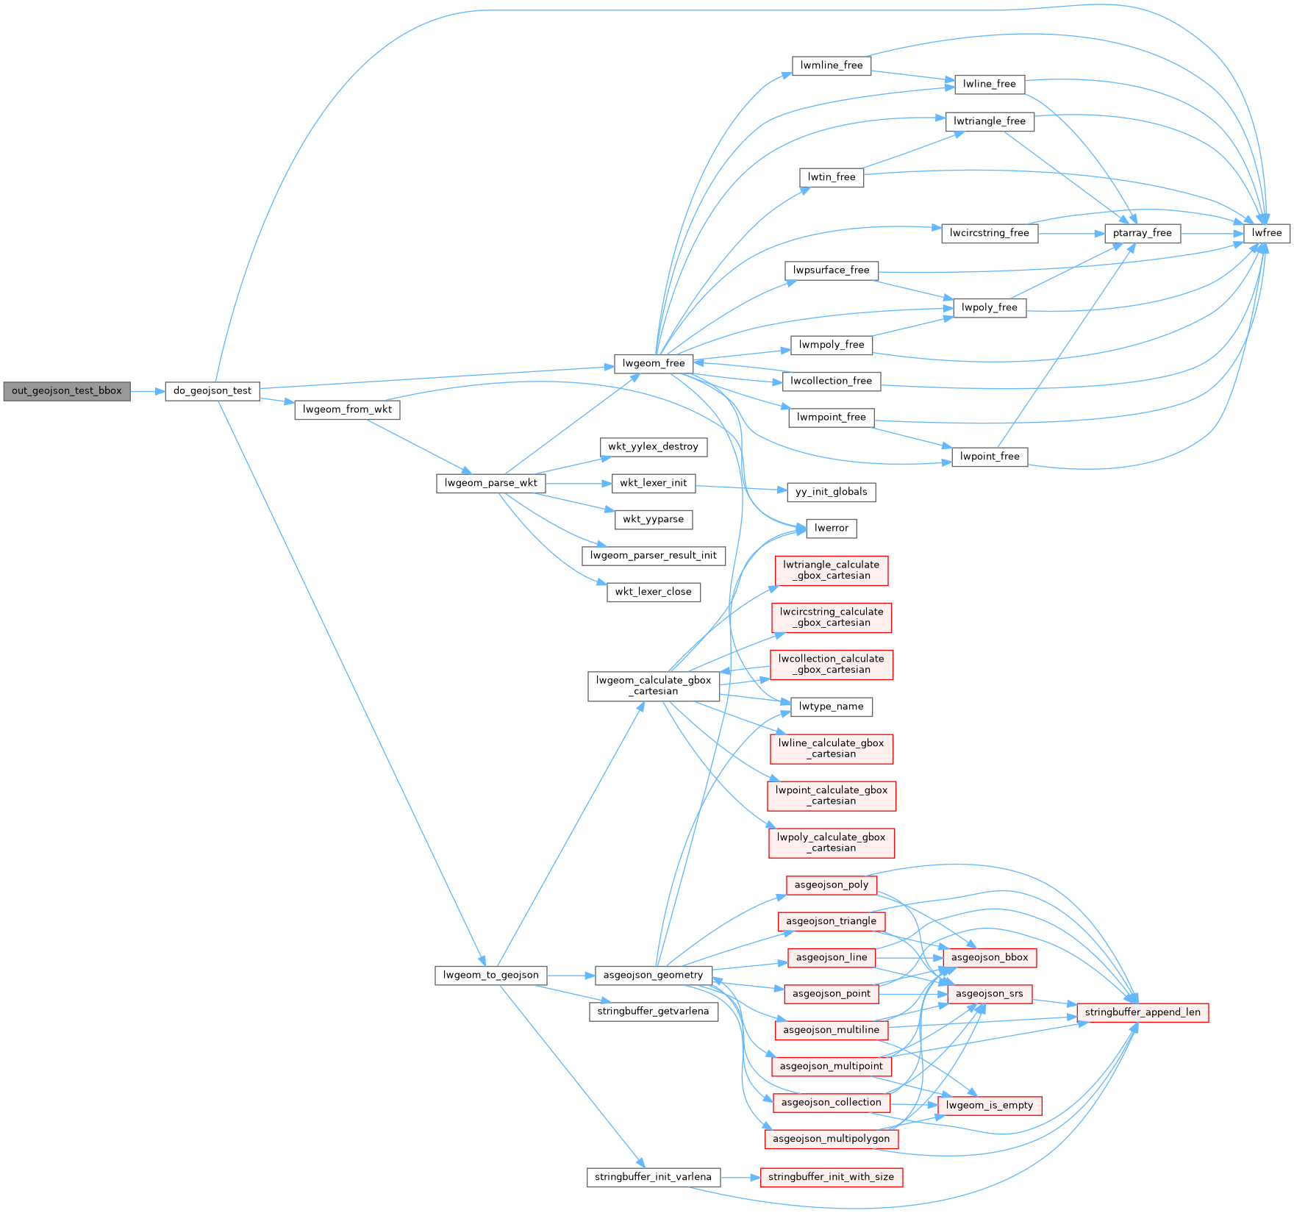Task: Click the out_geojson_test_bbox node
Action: pyautogui.click(x=66, y=391)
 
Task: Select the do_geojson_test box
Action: pyautogui.click(x=212, y=391)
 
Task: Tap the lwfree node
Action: pyautogui.click(x=1267, y=233)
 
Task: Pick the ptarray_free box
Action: pyautogui.click(x=1142, y=233)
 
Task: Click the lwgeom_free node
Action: pyautogui.click(x=653, y=363)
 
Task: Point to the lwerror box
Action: pyautogui.click(x=832, y=528)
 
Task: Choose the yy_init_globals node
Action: pyautogui.click(x=831, y=492)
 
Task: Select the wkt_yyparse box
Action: pyautogui.click(x=653, y=519)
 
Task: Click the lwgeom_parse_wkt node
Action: pyautogui.click(x=490, y=483)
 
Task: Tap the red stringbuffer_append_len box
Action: pyautogui.click(x=1142, y=1012)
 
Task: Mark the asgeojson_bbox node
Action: pyautogui.click(x=989, y=957)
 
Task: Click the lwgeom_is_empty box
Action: pyautogui.click(x=989, y=1105)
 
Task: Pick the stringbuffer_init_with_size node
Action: pyautogui.click(x=831, y=1177)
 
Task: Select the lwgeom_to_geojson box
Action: pyautogui.click(x=490, y=976)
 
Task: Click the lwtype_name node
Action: pyautogui.click(x=831, y=706)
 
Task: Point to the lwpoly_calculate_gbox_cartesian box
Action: pyautogui.click(x=831, y=842)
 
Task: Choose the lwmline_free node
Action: pyautogui.click(x=832, y=65)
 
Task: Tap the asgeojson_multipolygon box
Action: pyautogui.click(x=831, y=1139)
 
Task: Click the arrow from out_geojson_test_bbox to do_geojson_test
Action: pyautogui.click(x=148, y=391)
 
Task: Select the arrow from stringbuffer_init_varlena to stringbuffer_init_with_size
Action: pyautogui.click(x=740, y=1177)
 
